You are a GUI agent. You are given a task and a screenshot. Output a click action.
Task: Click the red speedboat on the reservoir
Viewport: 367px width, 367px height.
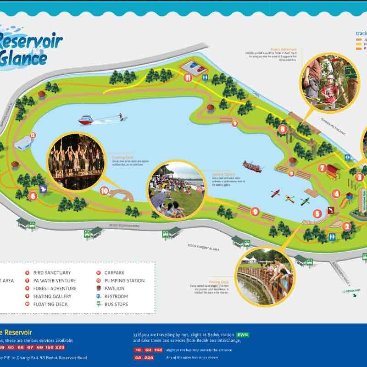point(86,120)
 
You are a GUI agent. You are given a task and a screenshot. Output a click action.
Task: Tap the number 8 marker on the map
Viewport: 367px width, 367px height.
point(283,129)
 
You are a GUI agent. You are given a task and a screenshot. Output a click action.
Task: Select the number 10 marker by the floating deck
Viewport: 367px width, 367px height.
point(104,190)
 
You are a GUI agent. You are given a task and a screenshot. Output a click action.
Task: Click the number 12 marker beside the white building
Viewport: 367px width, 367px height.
point(33,135)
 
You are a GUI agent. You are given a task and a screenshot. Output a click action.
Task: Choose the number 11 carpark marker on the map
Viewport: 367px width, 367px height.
point(188,78)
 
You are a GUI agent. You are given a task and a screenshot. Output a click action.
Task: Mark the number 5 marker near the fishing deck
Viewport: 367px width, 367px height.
point(317,213)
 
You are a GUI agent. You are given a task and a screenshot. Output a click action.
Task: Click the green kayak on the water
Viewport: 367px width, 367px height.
point(305,201)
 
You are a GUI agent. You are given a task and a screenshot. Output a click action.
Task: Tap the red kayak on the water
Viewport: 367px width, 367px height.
point(275,193)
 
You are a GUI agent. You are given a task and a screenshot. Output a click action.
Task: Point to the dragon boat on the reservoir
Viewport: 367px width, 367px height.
point(252,166)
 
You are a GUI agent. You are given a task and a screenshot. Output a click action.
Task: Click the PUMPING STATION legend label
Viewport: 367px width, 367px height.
point(124,280)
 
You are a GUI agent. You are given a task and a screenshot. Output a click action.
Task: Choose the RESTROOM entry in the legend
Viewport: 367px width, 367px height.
point(116,296)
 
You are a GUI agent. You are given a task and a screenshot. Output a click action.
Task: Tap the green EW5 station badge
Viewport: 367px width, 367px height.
point(243,335)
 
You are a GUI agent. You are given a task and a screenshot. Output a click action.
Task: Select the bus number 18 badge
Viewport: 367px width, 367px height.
point(138,350)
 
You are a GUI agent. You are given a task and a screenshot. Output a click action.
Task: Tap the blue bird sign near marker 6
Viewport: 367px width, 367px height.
point(44,188)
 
